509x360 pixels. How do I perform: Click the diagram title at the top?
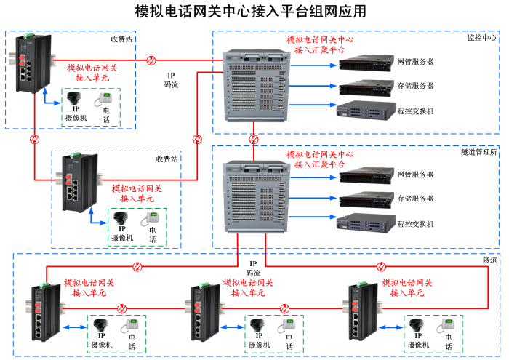251,12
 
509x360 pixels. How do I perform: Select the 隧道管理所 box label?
478,152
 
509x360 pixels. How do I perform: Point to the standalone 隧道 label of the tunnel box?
490,260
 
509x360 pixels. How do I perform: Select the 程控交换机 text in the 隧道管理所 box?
415,223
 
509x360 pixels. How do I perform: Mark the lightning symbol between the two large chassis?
254,139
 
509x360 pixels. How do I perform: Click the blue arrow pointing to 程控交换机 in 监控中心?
324,110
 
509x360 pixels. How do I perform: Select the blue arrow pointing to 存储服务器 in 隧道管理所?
324,199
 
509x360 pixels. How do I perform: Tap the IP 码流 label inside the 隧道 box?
253,268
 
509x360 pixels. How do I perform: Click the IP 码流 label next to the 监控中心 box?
171,80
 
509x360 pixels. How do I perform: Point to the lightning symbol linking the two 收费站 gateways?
34,139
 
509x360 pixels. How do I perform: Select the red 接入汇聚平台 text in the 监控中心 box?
320,45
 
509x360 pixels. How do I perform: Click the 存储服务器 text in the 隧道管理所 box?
415,199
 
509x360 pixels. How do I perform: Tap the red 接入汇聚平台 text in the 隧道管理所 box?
320,160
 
